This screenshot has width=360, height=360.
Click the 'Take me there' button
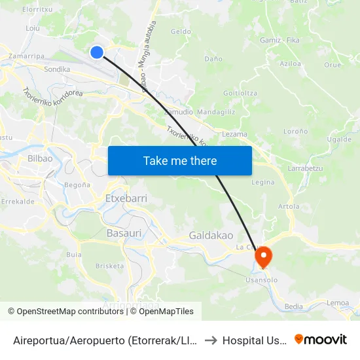[x=180, y=160]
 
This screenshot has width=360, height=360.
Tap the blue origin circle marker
[x=97, y=52]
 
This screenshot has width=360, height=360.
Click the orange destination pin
[x=263, y=256]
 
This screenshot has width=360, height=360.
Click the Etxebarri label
[x=126, y=198]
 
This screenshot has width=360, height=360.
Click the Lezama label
[x=234, y=134]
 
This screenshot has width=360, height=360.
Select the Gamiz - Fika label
[x=279, y=41]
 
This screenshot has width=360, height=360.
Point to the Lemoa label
[x=338, y=302]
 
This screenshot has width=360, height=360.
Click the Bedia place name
[x=294, y=306]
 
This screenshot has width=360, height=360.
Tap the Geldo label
[x=181, y=31]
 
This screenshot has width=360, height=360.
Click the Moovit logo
[x=320, y=339]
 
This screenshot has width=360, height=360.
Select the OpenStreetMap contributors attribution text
[x=65, y=312]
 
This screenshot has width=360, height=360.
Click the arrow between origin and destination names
[x=211, y=340]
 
